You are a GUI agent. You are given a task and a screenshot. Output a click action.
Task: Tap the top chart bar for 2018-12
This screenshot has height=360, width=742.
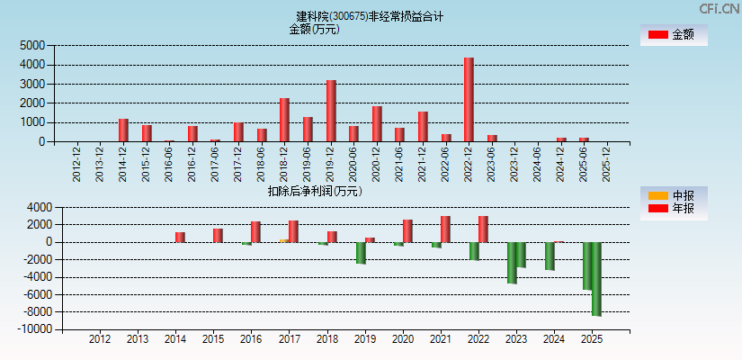pos(284,120)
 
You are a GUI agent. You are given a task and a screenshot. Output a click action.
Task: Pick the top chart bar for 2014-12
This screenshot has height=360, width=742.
pos(123,130)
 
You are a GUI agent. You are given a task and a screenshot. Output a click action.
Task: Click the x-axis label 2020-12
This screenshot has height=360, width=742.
pos(377,163)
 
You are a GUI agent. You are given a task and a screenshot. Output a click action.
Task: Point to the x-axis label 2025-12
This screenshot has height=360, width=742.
pos(607,163)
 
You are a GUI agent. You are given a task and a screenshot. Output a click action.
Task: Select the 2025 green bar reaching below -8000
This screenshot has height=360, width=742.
pos(596,279)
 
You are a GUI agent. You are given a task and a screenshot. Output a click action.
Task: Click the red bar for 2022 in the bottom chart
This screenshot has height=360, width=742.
pos(483,229)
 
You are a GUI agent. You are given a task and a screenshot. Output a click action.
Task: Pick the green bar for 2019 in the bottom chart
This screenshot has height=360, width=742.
pos(361,253)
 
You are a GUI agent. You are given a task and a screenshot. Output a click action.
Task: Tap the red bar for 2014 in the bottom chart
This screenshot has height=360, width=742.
pos(180,238)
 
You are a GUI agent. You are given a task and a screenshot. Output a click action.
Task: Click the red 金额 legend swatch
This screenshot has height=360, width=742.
pos(657,34)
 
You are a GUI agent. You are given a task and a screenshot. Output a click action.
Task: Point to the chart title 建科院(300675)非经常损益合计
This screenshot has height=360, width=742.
pos(370,16)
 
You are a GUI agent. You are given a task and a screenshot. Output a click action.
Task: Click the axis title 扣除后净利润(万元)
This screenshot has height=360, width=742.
pos(314,191)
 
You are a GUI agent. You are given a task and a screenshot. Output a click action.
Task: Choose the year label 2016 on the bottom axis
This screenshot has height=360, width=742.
pos(251,339)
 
